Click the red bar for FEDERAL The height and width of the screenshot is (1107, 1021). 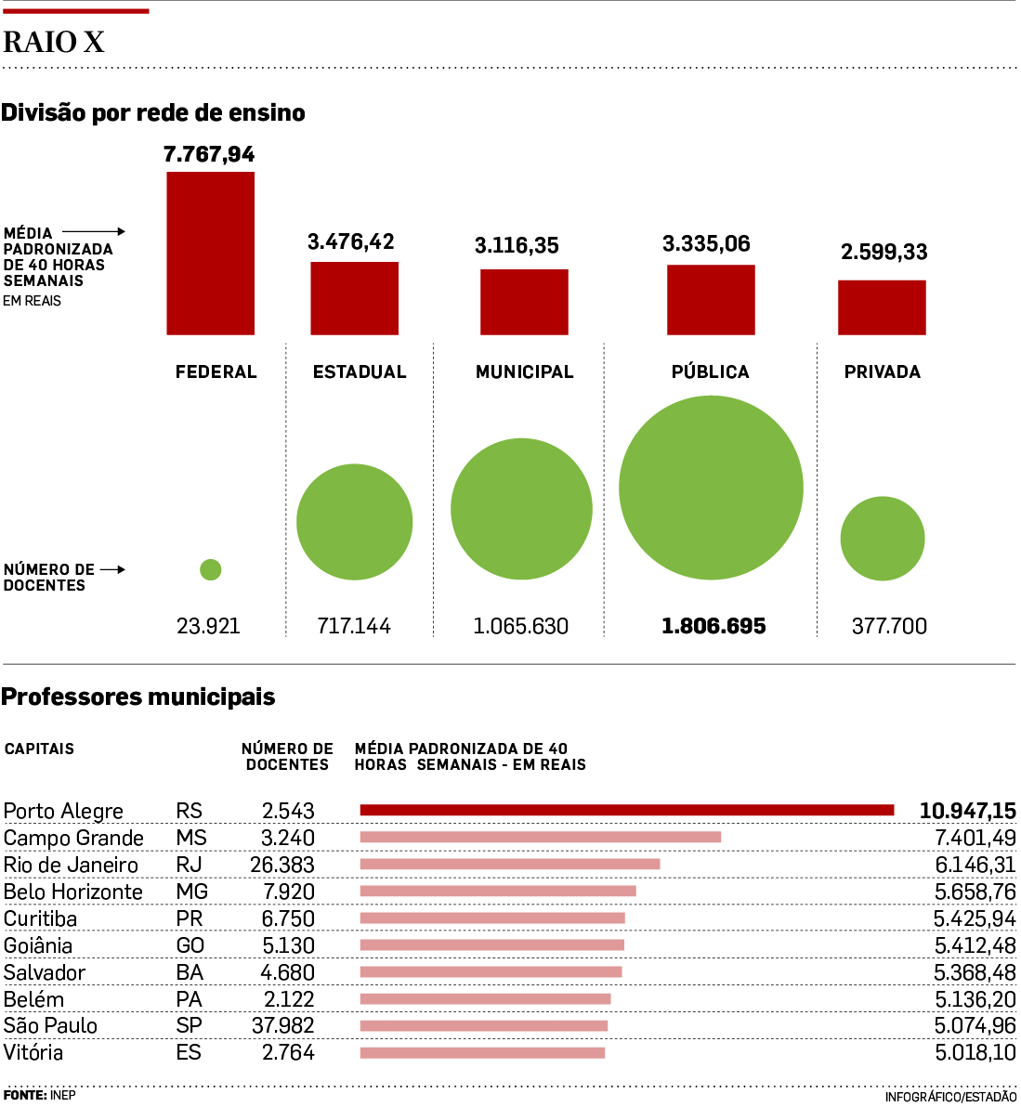click(210, 253)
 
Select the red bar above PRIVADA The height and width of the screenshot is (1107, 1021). click(882, 306)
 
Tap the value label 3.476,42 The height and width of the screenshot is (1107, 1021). click(351, 241)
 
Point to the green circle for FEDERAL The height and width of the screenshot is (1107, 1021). click(211, 569)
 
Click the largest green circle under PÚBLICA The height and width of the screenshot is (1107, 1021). click(711, 488)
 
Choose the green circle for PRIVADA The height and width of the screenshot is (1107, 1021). click(883, 539)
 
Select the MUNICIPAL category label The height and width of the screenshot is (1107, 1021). click(525, 371)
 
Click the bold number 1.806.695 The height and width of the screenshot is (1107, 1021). click(713, 626)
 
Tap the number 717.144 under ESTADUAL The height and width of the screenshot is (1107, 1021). click(354, 626)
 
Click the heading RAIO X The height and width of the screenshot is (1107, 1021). click(54, 42)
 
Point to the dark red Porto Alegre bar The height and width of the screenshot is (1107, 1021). click(627, 811)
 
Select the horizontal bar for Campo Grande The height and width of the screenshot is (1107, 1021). click(541, 838)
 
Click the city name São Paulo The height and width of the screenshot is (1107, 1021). click(50, 1025)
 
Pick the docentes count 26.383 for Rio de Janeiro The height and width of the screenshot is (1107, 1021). click(282, 865)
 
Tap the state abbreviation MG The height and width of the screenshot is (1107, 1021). click(191, 892)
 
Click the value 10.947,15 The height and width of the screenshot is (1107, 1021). click(967, 811)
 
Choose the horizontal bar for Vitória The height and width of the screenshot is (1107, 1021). click(482, 1052)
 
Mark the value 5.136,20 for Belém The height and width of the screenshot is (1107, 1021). click(975, 999)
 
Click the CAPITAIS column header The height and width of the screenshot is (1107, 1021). click(39, 749)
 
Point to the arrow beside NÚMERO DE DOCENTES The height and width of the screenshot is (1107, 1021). click(112, 569)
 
